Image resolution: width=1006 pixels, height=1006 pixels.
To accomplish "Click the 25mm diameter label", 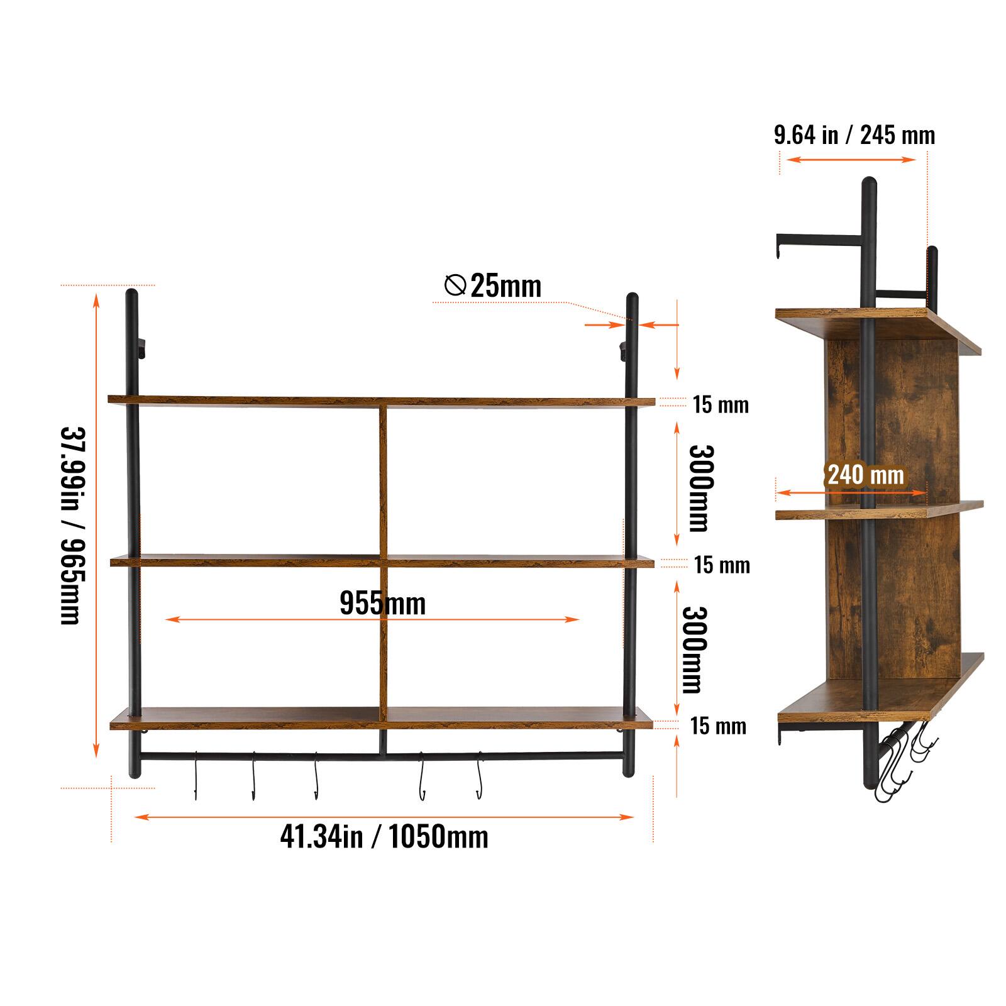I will click(505, 286).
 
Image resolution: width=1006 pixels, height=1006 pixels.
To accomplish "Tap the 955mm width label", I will click(382, 603).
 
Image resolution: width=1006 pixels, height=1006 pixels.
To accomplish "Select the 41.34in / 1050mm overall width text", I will click(384, 837).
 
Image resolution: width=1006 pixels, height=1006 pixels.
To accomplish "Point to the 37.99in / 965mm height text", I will click(70, 525).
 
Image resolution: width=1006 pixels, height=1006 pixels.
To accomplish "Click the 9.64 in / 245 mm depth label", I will click(854, 135).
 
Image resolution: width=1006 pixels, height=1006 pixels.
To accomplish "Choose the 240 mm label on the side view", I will click(865, 475).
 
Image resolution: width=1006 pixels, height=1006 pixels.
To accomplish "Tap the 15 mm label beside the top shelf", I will click(721, 404).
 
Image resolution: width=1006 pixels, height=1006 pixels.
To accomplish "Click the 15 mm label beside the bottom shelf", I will click(718, 726).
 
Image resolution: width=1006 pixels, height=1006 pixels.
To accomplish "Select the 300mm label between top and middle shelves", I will click(700, 488).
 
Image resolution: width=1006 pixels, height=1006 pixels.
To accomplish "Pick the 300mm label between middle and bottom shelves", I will click(694, 649).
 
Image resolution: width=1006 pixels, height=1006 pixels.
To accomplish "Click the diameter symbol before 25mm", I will click(455, 285).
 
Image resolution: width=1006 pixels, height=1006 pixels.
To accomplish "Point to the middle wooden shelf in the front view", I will click(251, 561).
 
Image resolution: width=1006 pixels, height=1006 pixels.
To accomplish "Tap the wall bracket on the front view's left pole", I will click(141, 347).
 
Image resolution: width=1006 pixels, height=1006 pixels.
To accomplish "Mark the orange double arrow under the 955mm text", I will click(372, 619).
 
